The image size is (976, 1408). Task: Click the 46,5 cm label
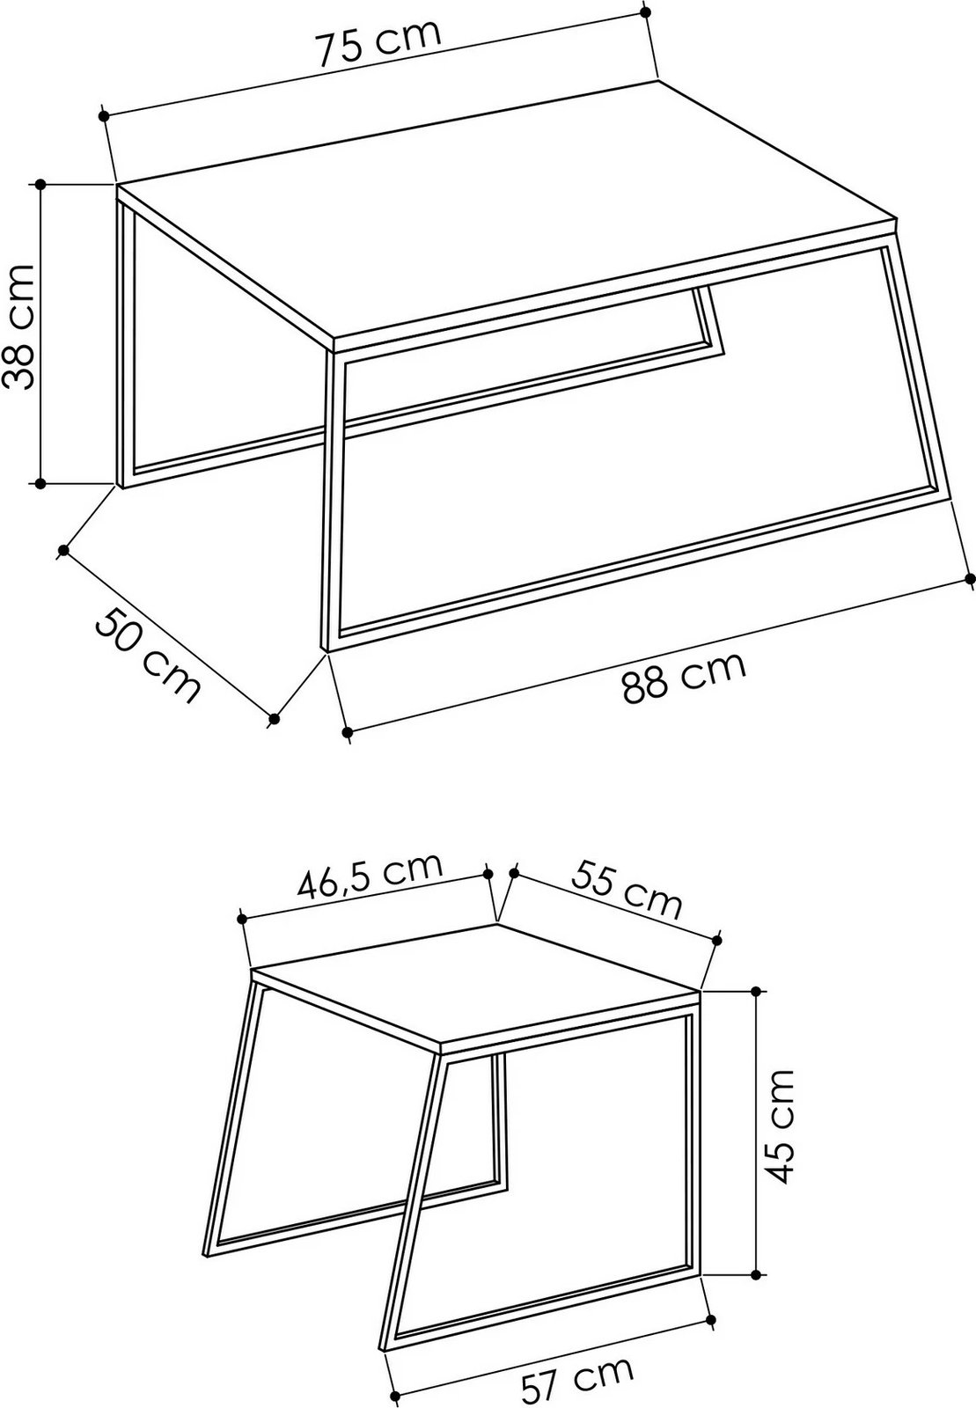368,876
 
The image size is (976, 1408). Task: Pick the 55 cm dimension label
627,889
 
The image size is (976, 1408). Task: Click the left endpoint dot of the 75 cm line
104,115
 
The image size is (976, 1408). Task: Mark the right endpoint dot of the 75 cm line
646,12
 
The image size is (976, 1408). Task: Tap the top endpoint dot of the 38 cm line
40,184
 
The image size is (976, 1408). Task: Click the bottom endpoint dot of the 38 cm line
40,483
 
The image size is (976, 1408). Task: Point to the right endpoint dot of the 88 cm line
970,577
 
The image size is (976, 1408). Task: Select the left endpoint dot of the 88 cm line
348,731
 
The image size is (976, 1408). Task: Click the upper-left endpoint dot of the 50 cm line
63,551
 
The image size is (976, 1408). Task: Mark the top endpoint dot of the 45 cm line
756,991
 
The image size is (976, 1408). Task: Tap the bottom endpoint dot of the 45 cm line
756,1273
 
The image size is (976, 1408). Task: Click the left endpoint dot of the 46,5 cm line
242,918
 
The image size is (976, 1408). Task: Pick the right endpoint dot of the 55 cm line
719,940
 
